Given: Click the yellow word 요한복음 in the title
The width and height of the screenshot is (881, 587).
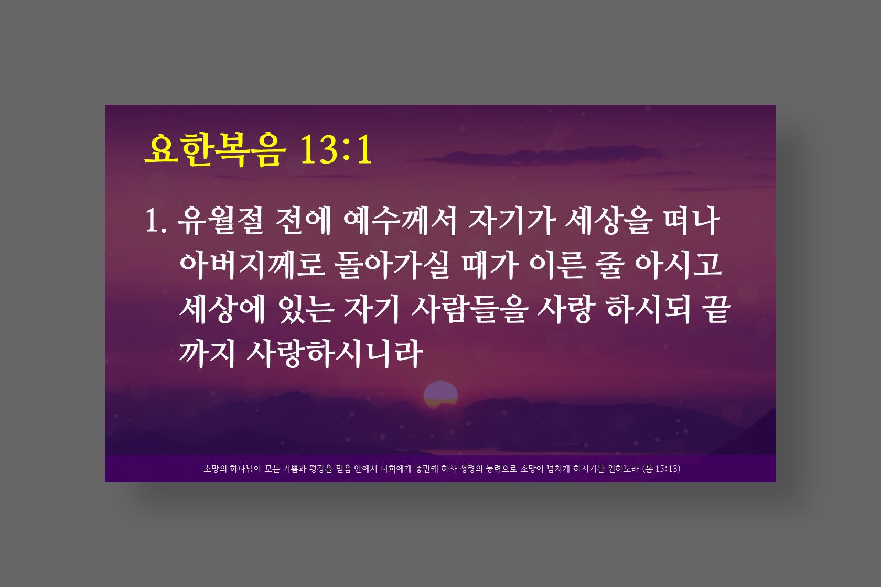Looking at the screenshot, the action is pos(215,150).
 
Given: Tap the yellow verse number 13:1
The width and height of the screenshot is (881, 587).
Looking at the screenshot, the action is pos(336,149).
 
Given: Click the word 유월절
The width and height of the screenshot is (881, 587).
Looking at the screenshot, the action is pos(221,221).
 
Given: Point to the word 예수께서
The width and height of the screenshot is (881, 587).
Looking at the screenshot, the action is pos(400,221).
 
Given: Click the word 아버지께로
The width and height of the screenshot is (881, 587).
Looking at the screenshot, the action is pos(253,265).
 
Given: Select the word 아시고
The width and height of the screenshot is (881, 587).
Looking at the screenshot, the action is pos(679,265).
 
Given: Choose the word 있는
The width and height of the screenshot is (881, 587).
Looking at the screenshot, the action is pos(307,310).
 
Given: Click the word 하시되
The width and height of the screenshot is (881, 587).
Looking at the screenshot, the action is pos(649,310).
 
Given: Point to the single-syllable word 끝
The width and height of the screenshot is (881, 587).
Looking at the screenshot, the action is pos(716,310).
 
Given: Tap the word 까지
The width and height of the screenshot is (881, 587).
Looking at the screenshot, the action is pos(207,354).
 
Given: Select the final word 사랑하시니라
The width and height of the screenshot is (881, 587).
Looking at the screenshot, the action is pos(335,354).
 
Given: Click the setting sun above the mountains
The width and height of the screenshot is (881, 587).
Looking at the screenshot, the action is pos(440,395).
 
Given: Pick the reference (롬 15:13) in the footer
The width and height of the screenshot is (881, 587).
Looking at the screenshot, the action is pos(661,469).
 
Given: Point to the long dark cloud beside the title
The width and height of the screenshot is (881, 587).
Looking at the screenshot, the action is pos(543,155).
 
